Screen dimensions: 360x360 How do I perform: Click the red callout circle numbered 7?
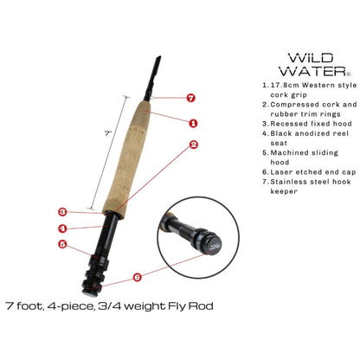[x=190, y=100]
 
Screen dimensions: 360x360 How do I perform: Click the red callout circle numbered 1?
[x=193, y=124]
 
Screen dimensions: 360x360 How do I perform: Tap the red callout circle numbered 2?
[x=194, y=145]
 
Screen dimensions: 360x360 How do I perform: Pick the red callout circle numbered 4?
[x=62, y=228]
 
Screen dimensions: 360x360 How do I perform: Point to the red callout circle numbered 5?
[x=62, y=245]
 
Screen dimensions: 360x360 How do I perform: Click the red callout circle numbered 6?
[x=138, y=278]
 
